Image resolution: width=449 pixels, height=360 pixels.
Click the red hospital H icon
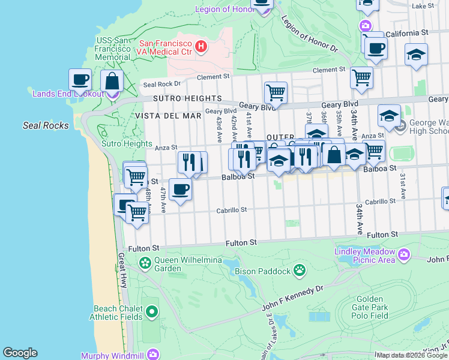coord(202,46)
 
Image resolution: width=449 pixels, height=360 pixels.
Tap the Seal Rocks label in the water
coord(46,125)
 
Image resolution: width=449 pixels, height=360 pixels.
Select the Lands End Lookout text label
coord(67,93)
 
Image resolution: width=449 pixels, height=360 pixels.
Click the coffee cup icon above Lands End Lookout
coord(80,79)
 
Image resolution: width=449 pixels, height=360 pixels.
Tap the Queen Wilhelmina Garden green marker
coord(145,263)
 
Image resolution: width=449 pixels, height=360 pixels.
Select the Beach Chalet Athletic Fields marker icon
coord(152,311)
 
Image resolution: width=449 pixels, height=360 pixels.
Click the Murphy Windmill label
coord(113,355)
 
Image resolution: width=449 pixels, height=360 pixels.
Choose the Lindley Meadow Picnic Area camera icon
coord(404,255)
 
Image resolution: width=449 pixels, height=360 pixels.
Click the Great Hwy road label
coord(122,271)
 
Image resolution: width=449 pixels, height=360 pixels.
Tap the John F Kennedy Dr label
coord(293,298)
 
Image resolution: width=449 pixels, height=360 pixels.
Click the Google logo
coord(20,353)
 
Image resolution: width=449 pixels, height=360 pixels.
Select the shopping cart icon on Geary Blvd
coord(276,92)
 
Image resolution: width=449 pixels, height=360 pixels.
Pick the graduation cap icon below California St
coord(416,55)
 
